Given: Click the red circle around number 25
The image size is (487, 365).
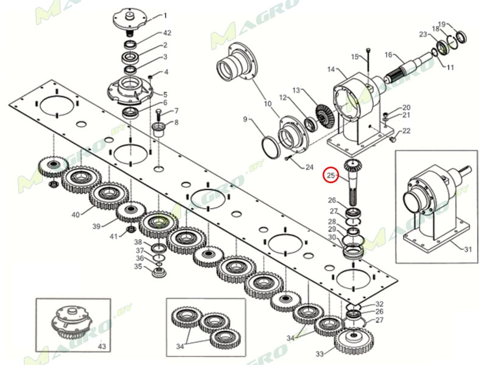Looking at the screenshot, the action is (331, 175).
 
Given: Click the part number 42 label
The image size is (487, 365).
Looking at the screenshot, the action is (167, 33).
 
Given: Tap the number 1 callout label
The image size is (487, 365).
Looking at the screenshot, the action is (165, 16).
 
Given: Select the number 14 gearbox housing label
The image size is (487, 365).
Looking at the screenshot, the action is (331, 69).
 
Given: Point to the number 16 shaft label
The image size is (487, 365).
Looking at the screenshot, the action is (388, 55).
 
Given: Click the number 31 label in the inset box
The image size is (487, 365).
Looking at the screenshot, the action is (468, 249).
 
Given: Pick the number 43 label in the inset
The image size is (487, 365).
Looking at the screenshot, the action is (102, 346).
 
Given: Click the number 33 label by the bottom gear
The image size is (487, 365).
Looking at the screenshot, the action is (320, 354).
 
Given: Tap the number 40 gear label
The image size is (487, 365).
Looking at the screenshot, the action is (75, 215).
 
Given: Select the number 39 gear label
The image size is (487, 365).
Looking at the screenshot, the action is (97, 226).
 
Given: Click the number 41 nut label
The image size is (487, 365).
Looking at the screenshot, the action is (114, 237).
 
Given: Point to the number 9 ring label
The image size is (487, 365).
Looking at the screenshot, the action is (245, 119).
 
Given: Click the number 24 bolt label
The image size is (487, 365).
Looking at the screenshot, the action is (309, 167).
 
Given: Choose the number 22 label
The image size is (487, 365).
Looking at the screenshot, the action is (406, 131).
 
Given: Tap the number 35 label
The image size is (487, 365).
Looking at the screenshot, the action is (138, 266).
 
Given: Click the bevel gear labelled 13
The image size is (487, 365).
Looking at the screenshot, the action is (325, 114).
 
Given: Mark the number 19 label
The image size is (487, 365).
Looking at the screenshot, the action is (442, 24).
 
